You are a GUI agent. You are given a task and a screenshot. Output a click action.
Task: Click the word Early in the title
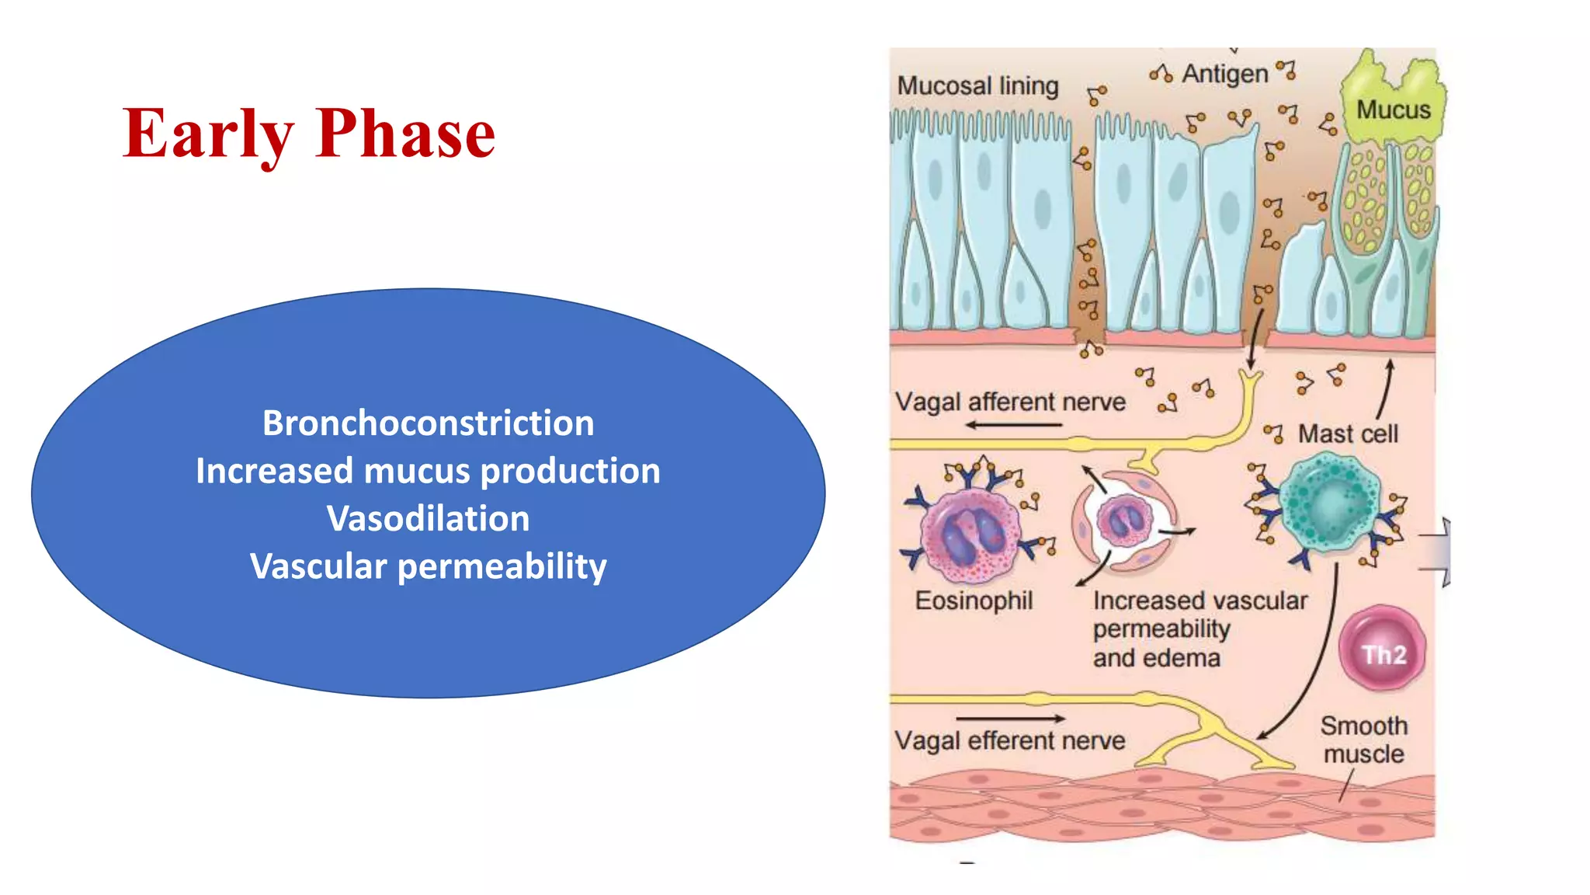208,134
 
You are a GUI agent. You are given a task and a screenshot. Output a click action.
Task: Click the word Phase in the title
405,134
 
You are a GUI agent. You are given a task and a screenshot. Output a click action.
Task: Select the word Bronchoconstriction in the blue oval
428,423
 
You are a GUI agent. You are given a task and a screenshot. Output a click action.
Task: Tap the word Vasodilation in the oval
428,519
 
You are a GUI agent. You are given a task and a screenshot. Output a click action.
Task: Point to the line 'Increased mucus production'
428,472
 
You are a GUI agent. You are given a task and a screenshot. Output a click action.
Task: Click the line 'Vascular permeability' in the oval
428,566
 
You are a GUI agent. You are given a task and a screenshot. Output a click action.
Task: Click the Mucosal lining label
977,85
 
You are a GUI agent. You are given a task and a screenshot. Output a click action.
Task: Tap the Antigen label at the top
1224,74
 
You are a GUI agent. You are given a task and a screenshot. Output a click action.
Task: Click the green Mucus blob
1394,101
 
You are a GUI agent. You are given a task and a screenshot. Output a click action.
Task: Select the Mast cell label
1348,434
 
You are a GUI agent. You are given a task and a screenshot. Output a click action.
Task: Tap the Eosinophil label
974,601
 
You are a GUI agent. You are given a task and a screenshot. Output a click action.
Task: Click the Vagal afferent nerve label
1010,402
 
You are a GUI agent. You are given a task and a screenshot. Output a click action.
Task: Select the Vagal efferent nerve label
1009,740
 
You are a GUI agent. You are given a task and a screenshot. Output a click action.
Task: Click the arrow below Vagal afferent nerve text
1013,425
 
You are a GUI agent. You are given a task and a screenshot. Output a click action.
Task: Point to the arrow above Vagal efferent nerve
1011,719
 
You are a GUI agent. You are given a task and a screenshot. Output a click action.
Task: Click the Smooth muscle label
1363,740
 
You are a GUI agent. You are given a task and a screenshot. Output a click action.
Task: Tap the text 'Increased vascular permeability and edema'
1199,629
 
